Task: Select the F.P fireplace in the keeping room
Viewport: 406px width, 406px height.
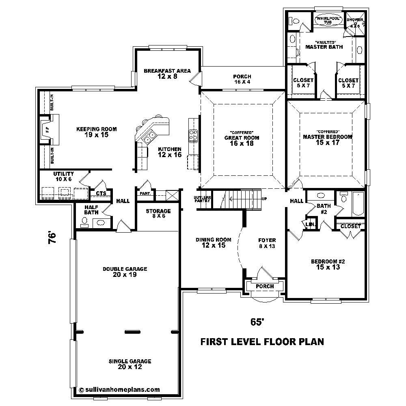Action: [x=46, y=130]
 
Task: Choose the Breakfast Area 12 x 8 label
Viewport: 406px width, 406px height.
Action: [x=167, y=73]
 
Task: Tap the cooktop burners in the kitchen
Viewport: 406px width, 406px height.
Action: [x=194, y=134]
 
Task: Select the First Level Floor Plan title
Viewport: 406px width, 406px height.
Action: [x=262, y=342]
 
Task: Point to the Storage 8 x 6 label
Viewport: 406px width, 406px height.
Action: [x=158, y=214]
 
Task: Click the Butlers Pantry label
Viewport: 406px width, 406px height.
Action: [x=202, y=199]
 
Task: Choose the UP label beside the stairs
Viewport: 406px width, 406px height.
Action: [x=264, y=199]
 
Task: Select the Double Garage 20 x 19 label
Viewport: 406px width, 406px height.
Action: [x=125, y=272]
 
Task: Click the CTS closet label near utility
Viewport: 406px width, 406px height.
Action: [x=101, y=194]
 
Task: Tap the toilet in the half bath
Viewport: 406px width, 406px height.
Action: [x=84, y=221]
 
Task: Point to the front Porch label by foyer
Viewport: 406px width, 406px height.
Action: [x=264, y=286]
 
